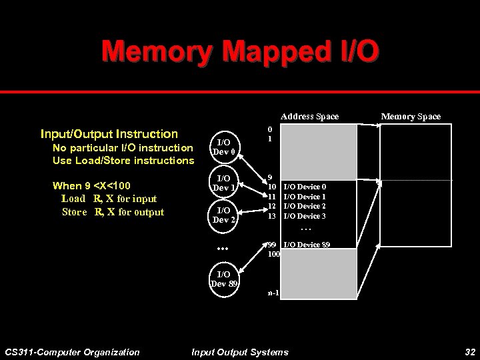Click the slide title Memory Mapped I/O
point(240,51)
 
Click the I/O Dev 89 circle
point(224,279)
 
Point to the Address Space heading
point(309,117)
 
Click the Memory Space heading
point(411,117)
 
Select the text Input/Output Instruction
point(109,134)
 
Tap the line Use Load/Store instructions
point(123,161)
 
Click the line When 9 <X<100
point(91,186)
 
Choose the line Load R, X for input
point(109,199)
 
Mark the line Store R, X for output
point(113,212)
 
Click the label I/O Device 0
point(305,187)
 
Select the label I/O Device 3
point(305,216)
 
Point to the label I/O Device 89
point(307,245)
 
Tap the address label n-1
point(273,293)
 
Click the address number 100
point(273,254)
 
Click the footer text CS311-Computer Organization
point(72,352)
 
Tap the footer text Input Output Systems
point(240,352)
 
